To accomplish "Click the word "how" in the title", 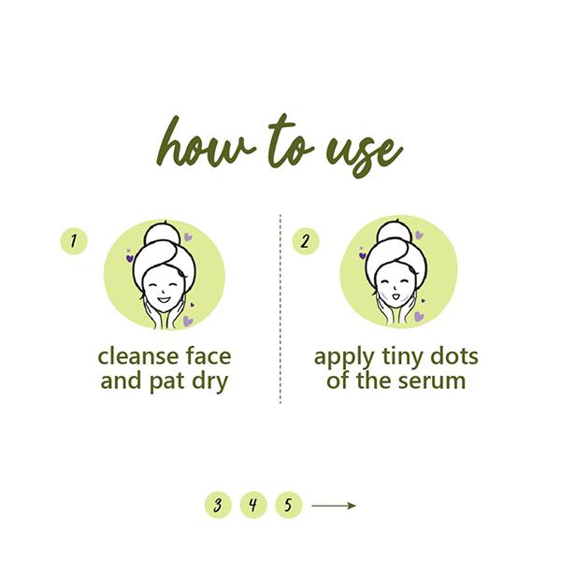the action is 206,143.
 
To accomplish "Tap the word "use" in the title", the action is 365,152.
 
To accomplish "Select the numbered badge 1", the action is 74,241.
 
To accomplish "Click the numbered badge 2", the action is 305,241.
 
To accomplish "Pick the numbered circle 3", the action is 218,505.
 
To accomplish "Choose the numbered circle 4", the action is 253,505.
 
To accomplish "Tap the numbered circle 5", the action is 288,505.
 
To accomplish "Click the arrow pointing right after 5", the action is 334,506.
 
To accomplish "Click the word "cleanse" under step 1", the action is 138,357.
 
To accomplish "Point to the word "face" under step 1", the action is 209,356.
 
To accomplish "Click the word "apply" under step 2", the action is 344,359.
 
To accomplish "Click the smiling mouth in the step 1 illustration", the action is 164,299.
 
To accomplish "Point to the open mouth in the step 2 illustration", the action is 396,296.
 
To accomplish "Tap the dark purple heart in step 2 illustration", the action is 362,255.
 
